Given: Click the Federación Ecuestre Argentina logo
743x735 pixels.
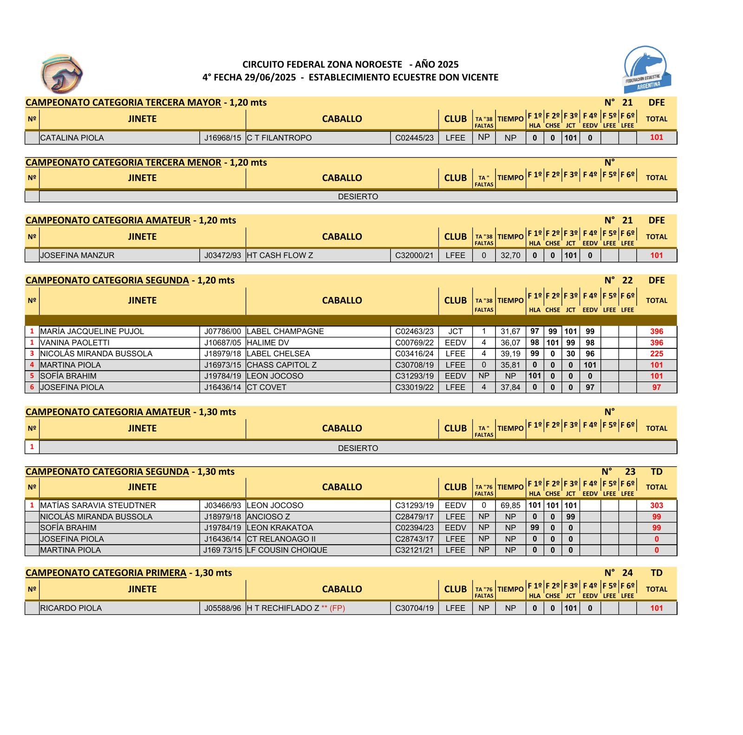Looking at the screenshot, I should pos(646,70).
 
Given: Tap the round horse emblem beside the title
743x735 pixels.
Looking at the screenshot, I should pos(62,73).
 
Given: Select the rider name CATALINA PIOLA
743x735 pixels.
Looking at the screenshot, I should pos(72,138).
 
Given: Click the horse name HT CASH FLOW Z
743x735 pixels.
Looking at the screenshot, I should pos(280,255).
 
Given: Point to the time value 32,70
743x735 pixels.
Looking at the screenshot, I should pos(510,255).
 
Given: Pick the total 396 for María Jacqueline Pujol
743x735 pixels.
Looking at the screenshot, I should pos(656,331).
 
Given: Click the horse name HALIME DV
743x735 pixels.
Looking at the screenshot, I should pos(267,342).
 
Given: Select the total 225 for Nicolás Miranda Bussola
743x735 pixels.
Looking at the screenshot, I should pos(656,354).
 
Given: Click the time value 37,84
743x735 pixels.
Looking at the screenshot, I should pos(510,387).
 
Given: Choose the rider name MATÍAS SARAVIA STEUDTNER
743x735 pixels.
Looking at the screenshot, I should pos(98,505).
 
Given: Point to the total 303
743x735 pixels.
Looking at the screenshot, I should pos(656,505).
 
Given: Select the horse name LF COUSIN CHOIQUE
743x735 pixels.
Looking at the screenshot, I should pos(287,550).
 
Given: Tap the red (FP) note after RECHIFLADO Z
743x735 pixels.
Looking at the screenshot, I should pos(337,608).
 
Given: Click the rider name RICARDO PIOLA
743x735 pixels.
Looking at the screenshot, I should pos(71,608).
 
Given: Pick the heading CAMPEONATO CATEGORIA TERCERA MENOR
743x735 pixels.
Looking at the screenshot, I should pos(123,162).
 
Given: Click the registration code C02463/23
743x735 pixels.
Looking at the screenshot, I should pos(414,331).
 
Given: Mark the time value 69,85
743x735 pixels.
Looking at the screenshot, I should pos(510,505).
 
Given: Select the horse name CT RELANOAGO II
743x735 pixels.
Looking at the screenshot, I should pos(281,539).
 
